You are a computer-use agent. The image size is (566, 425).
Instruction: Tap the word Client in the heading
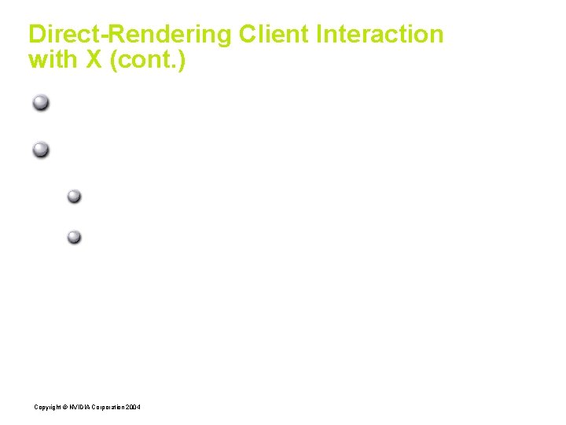pos(276,35)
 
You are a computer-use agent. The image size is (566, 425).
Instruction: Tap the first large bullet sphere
pos(42,102)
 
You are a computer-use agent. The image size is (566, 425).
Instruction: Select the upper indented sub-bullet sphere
pos(74,196)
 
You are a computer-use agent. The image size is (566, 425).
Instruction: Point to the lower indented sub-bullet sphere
pos(74,236)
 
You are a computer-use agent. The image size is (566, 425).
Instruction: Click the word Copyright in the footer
pos(47,406)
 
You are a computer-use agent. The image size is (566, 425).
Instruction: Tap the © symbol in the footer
pos(64,406)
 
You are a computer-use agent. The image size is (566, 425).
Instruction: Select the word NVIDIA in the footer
pos(79,406)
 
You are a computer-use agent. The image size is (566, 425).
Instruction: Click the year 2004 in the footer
pos(134,406)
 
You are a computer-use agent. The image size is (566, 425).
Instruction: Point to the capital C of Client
pos(247,35)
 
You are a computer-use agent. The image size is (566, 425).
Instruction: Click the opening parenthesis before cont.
pos(115,60)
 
